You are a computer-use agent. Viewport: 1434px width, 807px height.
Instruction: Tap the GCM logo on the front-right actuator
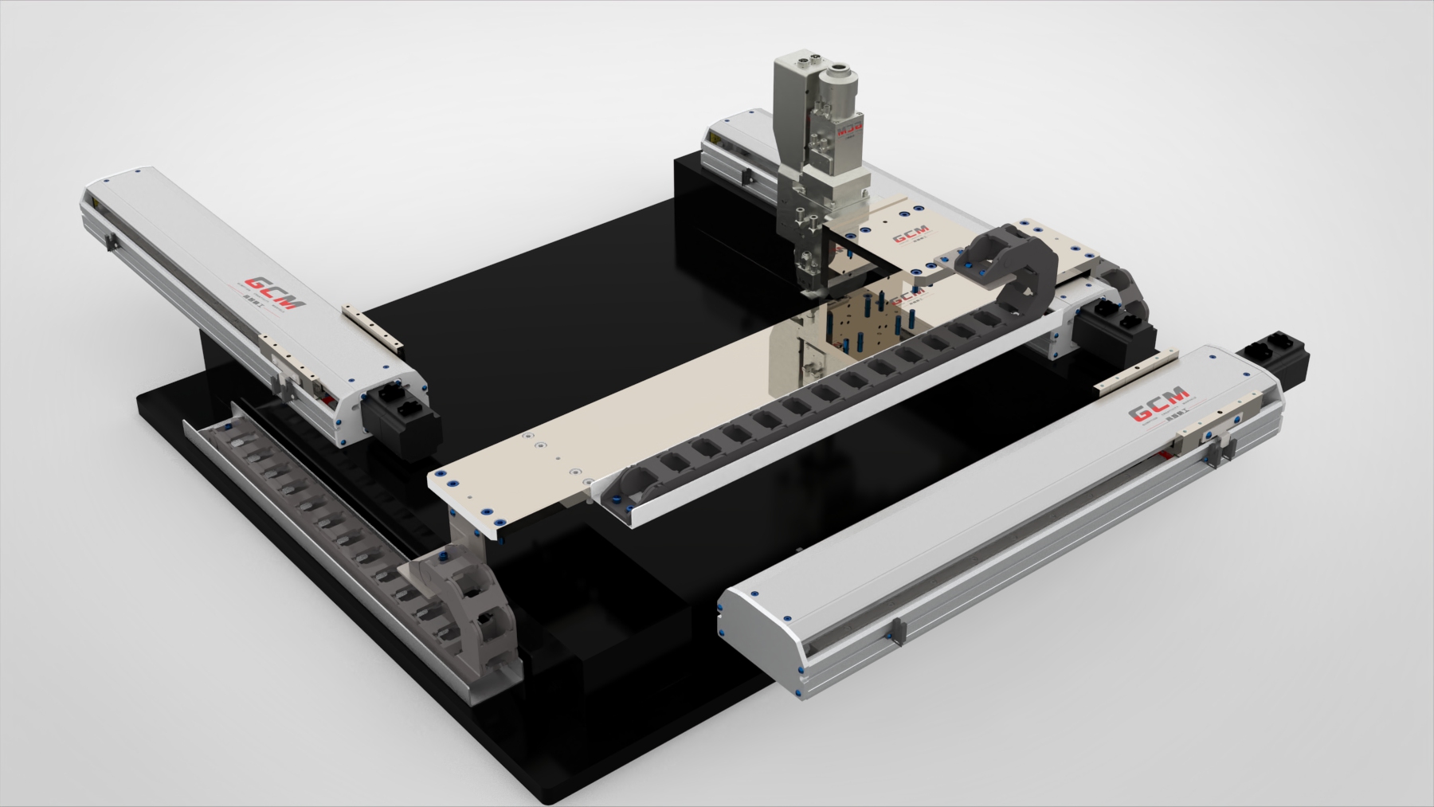coord(1159,411)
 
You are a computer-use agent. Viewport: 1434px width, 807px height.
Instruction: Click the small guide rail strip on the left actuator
coord(374,326)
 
